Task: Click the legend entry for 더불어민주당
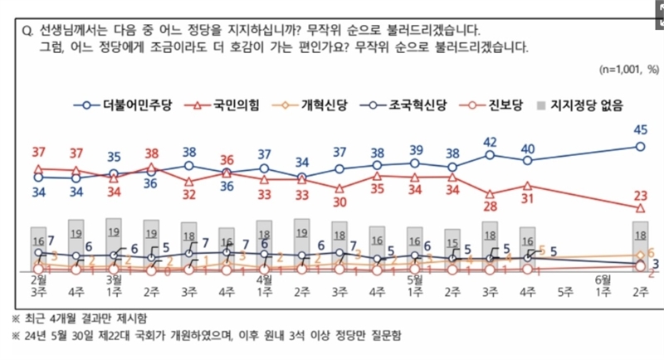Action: (124, 105)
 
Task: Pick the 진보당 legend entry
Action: (491, 105)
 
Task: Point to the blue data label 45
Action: (640, 129)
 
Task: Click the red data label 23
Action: (640, 196)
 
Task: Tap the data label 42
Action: (490, 141)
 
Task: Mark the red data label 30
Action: (339, 202)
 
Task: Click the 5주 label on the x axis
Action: (565, 292)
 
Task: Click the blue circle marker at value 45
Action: (640, 146)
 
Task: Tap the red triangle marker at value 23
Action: (640, 208)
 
